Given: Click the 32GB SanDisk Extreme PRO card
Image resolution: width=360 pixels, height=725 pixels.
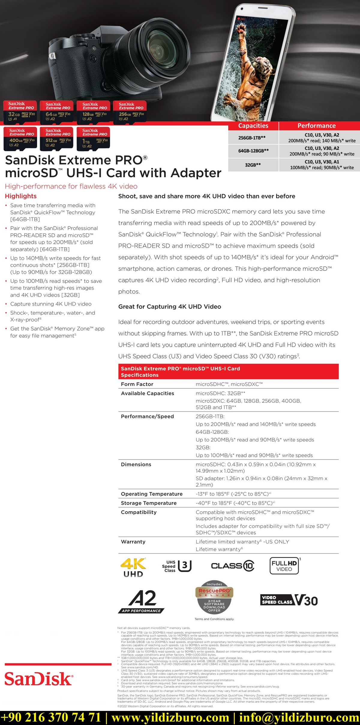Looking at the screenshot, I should [20, 112].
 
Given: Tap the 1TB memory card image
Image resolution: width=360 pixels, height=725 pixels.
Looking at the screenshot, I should [93, 138].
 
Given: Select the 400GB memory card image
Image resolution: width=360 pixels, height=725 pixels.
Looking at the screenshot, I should [20, 138].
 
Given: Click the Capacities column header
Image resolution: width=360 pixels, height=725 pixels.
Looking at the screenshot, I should [253, 126].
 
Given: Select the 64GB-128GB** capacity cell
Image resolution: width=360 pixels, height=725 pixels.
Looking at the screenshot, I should [253, 151].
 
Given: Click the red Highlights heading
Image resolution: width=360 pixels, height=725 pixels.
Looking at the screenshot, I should [21, 196].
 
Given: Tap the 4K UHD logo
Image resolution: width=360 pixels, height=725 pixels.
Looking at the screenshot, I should [133, 568].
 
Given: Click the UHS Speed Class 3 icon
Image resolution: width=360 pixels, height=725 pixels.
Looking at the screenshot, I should [177, 566].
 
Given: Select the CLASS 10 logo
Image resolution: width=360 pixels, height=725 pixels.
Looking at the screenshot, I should [232, 566].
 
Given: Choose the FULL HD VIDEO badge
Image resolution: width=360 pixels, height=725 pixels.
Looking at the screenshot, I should [284, 566].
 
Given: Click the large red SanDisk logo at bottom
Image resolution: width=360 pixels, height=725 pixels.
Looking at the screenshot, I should [38, 679].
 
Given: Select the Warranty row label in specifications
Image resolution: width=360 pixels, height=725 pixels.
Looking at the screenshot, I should [133, 542].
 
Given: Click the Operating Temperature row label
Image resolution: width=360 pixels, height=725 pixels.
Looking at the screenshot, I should [151, 494].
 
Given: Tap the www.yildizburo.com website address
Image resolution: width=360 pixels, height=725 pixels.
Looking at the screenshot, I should [170, 718].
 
